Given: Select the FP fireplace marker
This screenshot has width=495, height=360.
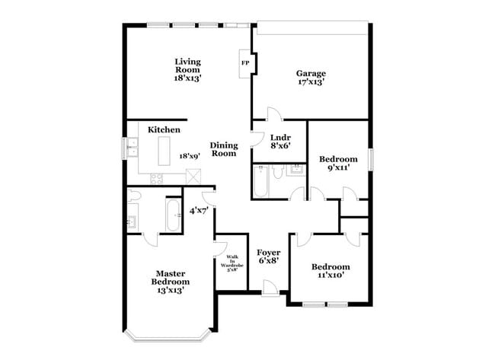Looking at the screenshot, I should coord(245,63).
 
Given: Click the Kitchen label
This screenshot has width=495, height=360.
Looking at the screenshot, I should coord(164,130).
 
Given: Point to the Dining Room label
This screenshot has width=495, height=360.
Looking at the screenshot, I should coord(224,149).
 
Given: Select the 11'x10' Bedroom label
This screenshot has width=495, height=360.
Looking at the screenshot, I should coord(331,270).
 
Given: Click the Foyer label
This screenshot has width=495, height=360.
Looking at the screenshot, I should coord(267,256).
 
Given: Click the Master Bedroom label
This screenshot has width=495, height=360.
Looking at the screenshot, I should coord(171,281).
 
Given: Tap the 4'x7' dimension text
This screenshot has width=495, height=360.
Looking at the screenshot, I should coord(199,210).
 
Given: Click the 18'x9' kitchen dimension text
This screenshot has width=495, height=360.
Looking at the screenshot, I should coord(189,155).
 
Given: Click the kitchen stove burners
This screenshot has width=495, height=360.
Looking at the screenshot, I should coord(157,179).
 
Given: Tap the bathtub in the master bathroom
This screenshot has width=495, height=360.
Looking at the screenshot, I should coord(173,216).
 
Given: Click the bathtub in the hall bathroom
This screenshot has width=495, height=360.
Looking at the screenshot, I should coord(261,183).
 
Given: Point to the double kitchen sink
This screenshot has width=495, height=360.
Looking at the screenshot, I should coord(132,146).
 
